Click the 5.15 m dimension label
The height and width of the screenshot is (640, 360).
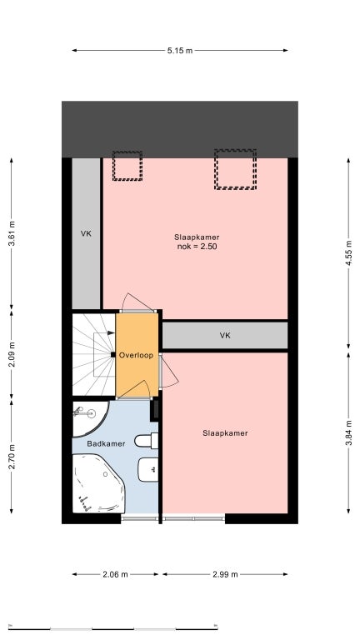coord(180,51)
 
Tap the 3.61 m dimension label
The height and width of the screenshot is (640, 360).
coord(12,233)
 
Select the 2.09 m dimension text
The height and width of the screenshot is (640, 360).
coord(12,355)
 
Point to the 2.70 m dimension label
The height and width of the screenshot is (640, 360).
coord(12,457)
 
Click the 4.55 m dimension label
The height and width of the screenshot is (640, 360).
coord(348,253)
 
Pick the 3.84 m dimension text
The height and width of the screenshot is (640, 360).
coord(348,432)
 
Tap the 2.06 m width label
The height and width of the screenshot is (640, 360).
coord(115,574)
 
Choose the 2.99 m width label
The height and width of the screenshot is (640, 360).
coord(225,574)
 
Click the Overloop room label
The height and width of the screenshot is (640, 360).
coord(136,355)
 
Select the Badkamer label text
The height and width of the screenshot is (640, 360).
coord(106,443)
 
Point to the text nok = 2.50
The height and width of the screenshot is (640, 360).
coord(197,247)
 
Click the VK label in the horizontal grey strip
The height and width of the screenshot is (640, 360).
coord(225,336)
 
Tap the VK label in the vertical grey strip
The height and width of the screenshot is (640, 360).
coord(86,234)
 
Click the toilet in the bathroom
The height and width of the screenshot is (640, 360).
coord(146,440)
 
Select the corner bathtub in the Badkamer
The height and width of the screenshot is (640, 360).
coord(99,483)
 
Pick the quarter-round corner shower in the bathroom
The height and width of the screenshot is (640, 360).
coord(90,418)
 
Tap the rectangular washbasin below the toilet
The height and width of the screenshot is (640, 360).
coord(148,469)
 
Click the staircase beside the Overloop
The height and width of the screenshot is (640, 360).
coord(94,354)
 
